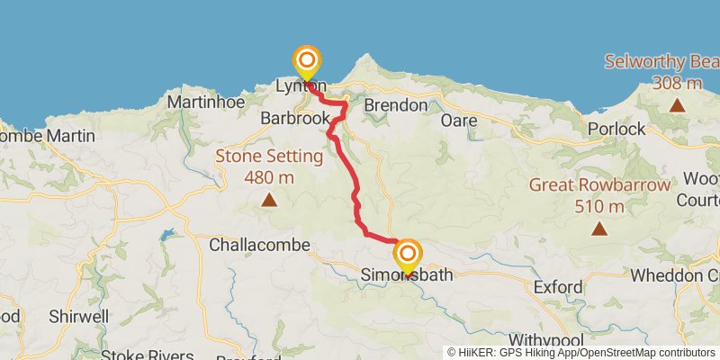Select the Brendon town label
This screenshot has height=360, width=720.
tap(396, 105)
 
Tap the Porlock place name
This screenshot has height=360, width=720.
tap(616, 129)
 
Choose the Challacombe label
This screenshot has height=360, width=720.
tap(259, 245)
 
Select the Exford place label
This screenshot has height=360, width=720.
tap(558, 288)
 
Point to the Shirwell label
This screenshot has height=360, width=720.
tap(80, 317)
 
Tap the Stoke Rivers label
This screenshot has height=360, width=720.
tap(148, 355)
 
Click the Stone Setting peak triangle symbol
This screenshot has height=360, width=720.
tap(268, 201)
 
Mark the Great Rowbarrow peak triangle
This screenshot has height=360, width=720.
tap(599, 229)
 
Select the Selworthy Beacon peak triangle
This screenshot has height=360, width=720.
tap(677, 105)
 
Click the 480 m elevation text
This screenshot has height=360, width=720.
tap(269, 176)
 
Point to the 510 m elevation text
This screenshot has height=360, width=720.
tap(600, 206)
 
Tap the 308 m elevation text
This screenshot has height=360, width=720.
tap(678, 83)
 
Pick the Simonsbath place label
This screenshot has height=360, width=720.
tap(407, 274)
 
